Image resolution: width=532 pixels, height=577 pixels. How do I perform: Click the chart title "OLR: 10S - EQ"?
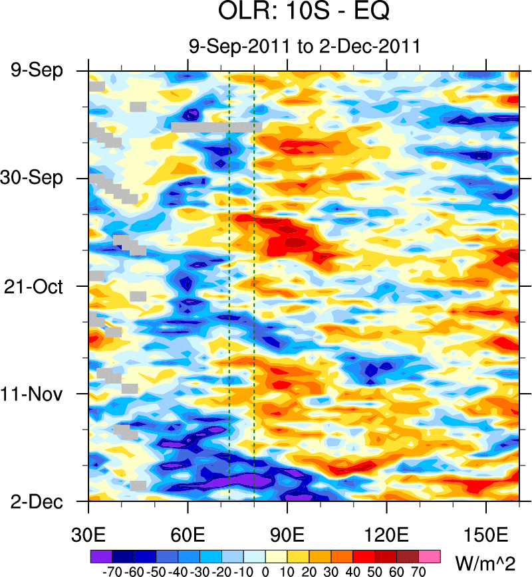pos(304,12)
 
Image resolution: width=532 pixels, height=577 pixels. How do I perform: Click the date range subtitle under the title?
pos(304,46)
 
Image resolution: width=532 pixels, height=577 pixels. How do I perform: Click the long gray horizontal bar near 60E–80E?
pos(216,127)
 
